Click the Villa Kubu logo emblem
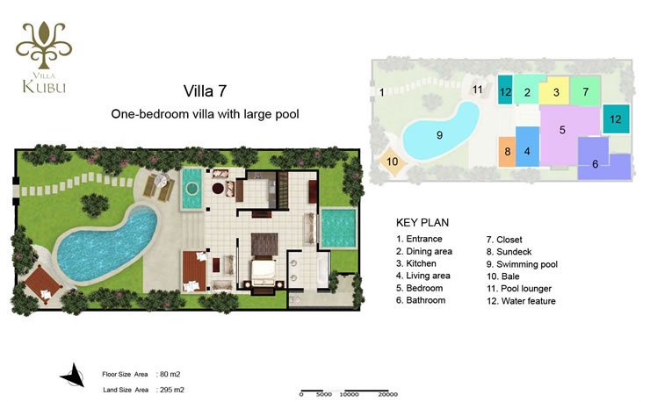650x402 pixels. (44, 45)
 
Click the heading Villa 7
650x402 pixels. (205, 91)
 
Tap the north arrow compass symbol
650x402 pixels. (73, 375)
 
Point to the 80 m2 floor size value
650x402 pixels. (170, 374)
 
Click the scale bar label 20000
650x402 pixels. (387, 395)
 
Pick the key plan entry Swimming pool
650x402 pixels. (522, 264)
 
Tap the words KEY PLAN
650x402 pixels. (422, 223)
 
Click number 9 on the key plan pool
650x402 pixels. (439, 134)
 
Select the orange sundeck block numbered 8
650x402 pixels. (507, 152)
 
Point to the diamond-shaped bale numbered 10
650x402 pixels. (392, 162)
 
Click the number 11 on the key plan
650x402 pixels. (478, 90)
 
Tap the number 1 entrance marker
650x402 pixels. (382, 92)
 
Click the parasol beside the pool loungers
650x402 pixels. (161, 180)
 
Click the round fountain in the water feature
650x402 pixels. (192, 190)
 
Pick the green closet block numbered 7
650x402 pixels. (585, 91)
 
